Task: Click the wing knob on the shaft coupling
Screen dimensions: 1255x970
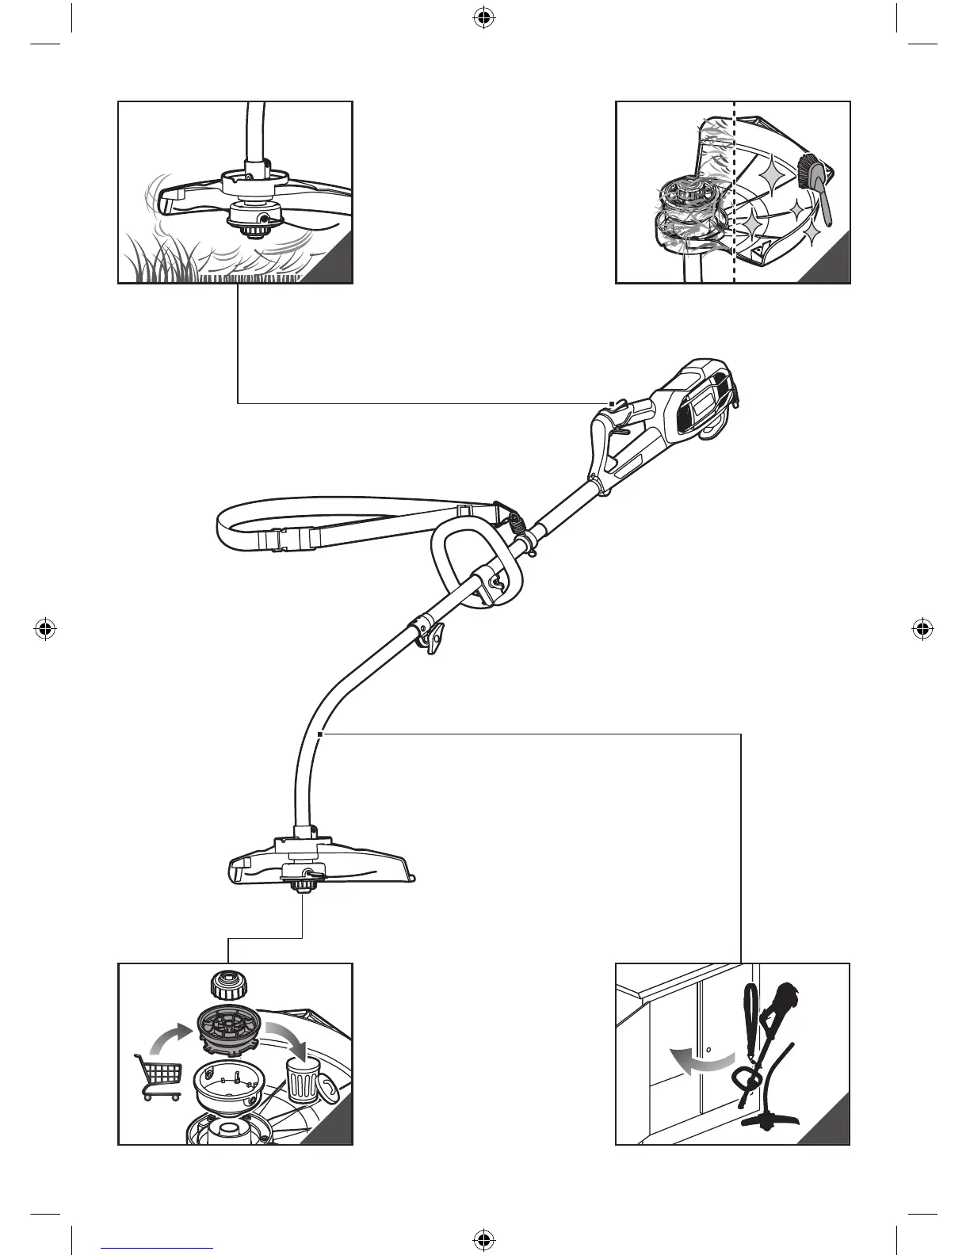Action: coord(432,637)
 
